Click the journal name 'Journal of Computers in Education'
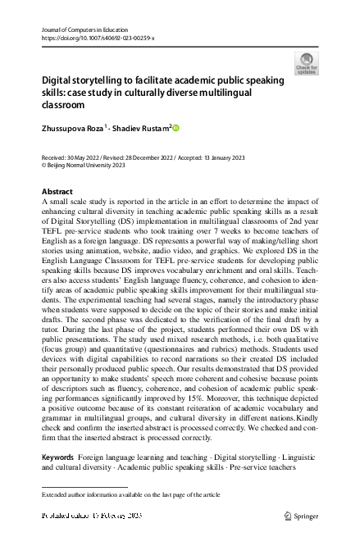89,29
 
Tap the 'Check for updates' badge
306,64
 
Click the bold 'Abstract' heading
57,191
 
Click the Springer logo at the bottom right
304,516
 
